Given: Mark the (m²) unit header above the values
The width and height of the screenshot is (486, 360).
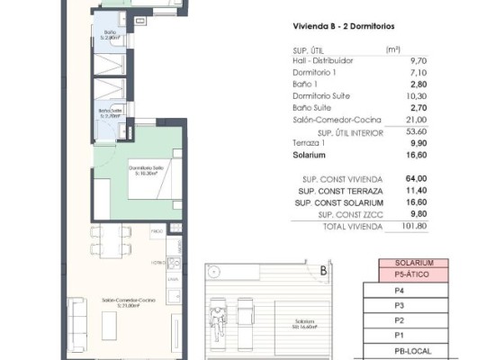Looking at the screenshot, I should [392, 49].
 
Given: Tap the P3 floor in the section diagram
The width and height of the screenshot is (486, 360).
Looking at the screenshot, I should [399, 304].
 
